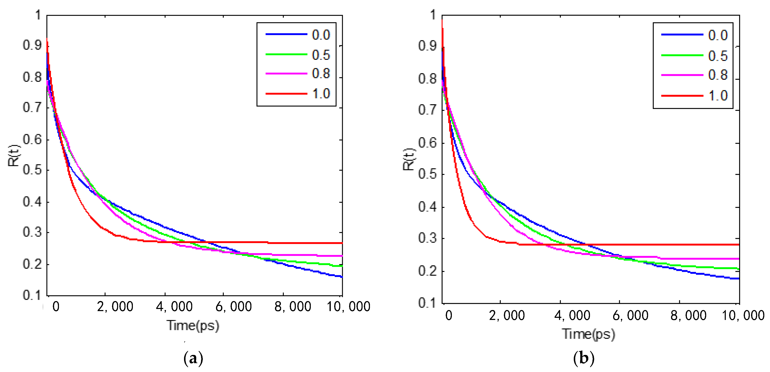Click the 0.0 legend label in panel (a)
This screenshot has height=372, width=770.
point(321,35)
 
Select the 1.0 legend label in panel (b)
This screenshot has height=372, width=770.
point(718,96)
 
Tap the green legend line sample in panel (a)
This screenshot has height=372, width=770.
point(286,54)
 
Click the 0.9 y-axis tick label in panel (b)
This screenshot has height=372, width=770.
point(427,46)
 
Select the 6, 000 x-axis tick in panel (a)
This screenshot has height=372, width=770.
point(234,307)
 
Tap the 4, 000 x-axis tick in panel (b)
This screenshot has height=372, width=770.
point(572,316)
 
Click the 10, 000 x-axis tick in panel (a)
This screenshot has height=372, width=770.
point(348,307)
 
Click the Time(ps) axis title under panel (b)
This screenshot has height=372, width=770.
point(588,334)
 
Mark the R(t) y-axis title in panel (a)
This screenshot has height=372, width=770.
point(14,156)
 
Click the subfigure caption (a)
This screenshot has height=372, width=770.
point(193,358)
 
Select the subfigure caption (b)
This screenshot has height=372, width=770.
point(583,358)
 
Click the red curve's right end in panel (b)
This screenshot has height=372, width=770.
point(738,244)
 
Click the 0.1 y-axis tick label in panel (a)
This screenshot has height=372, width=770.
point(32,295)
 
